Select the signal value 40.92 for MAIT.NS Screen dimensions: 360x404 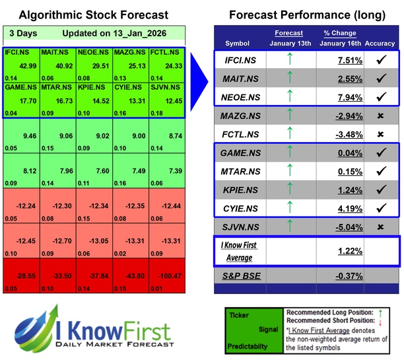[58, 66]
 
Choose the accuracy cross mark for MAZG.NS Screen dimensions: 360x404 [380, 116]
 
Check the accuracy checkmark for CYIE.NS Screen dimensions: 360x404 [380, 208]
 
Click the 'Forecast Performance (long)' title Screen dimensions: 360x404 [308, 15]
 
